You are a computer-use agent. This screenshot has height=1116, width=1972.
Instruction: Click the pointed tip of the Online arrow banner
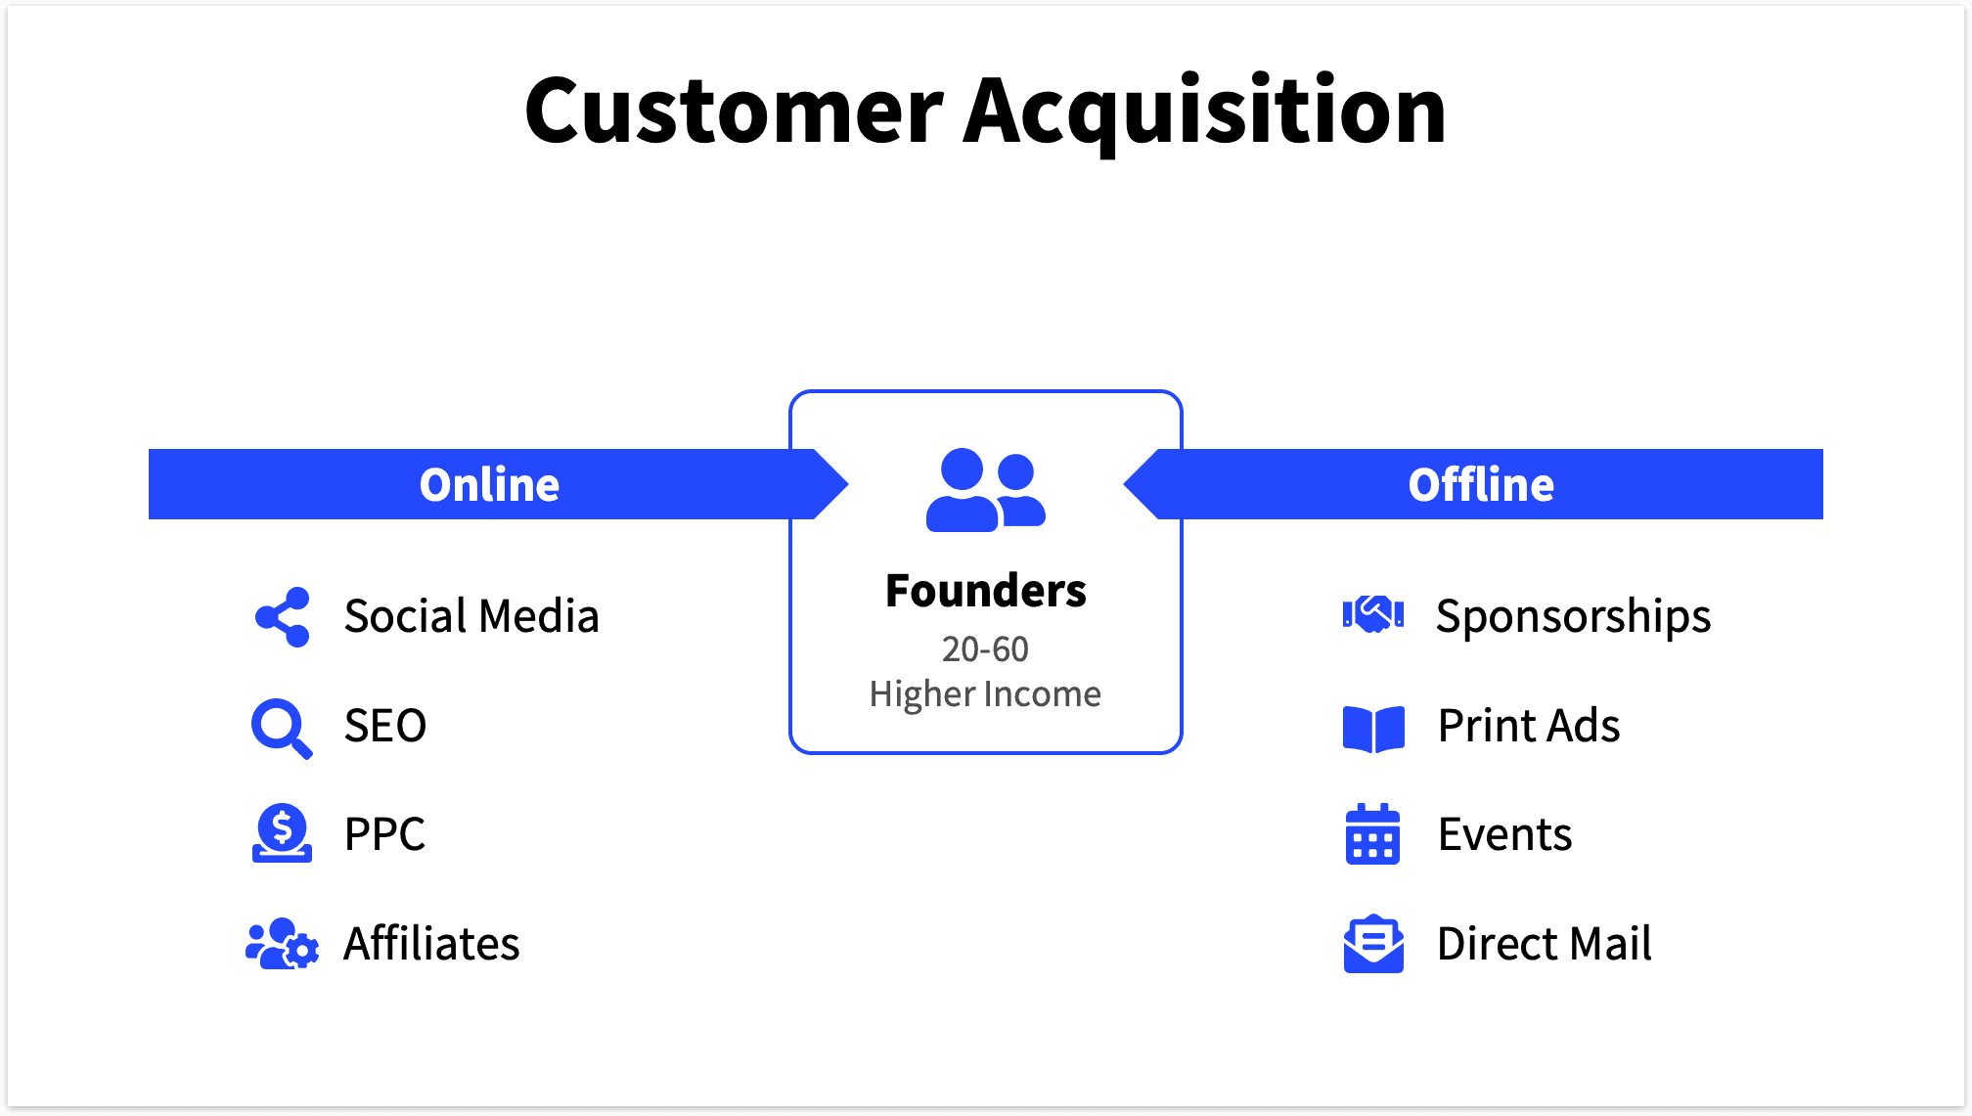click(848, 484)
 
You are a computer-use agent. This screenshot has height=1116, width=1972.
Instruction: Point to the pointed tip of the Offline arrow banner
click(1124, 484)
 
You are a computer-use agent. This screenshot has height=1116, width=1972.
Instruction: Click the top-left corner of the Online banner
click(149, 449)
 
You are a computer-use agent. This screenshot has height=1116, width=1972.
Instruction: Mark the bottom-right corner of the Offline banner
click(1823, 519)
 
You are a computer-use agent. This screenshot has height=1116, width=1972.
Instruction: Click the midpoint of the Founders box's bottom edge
click(986, 753)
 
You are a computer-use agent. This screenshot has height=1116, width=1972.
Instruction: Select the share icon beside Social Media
click(283, 617)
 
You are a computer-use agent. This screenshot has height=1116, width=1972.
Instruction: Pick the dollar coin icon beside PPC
click(282, 833)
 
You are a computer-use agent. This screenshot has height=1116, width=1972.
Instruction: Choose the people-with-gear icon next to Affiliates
click(282, 944)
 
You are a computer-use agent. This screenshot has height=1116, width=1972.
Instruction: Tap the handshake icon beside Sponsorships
click(1373, 615)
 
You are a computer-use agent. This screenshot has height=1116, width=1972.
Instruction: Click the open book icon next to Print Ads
click(1373, 729)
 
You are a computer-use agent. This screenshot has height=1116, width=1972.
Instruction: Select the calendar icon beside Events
click(1372, 834)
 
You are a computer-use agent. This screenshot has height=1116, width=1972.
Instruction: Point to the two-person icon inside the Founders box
click(986, 490)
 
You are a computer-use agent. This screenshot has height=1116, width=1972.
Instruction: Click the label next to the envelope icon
click(1545, 944)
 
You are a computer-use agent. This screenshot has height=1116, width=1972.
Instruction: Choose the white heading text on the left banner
click(489, 485)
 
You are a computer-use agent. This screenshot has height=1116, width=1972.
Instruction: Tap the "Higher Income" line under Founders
click(985, 694)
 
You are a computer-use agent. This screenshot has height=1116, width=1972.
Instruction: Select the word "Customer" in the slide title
click(735, 111)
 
